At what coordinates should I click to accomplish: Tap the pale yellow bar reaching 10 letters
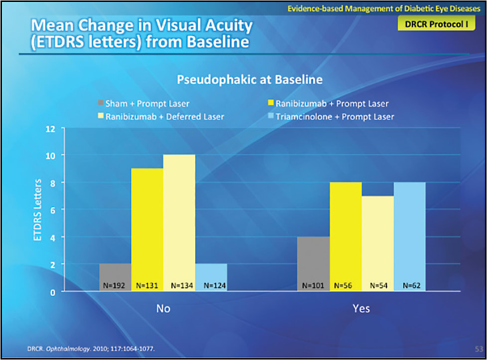(179, 219)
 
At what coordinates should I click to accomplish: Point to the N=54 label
(377, 286)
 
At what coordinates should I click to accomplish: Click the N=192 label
(115, 286)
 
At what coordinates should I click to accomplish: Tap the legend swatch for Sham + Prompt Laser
(101, 104)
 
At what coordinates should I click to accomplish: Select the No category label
(163, 309)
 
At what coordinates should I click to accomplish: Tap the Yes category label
(361, 309)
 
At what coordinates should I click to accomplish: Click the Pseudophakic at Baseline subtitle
(250, 79)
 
